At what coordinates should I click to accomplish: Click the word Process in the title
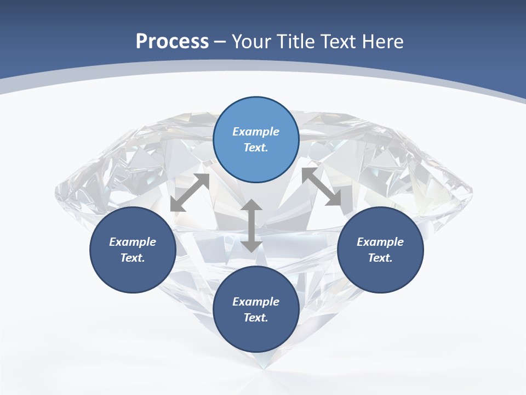coord(172,42)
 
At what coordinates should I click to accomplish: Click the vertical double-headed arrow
coord(251,226)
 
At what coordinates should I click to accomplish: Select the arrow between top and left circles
coord(190,193)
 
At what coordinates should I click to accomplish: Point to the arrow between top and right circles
coord(321,187)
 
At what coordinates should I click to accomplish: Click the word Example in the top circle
coord(256,132)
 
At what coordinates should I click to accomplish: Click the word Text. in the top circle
coord(256,148)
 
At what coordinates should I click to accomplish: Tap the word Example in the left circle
coord(133,242)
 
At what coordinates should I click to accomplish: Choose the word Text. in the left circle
coord(133,258)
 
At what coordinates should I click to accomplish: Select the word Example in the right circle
coord(380,242)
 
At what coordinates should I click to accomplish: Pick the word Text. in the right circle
coord(380,258)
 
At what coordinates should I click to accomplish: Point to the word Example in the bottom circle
coord(256,302)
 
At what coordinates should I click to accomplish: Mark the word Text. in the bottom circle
coord(256,318)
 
